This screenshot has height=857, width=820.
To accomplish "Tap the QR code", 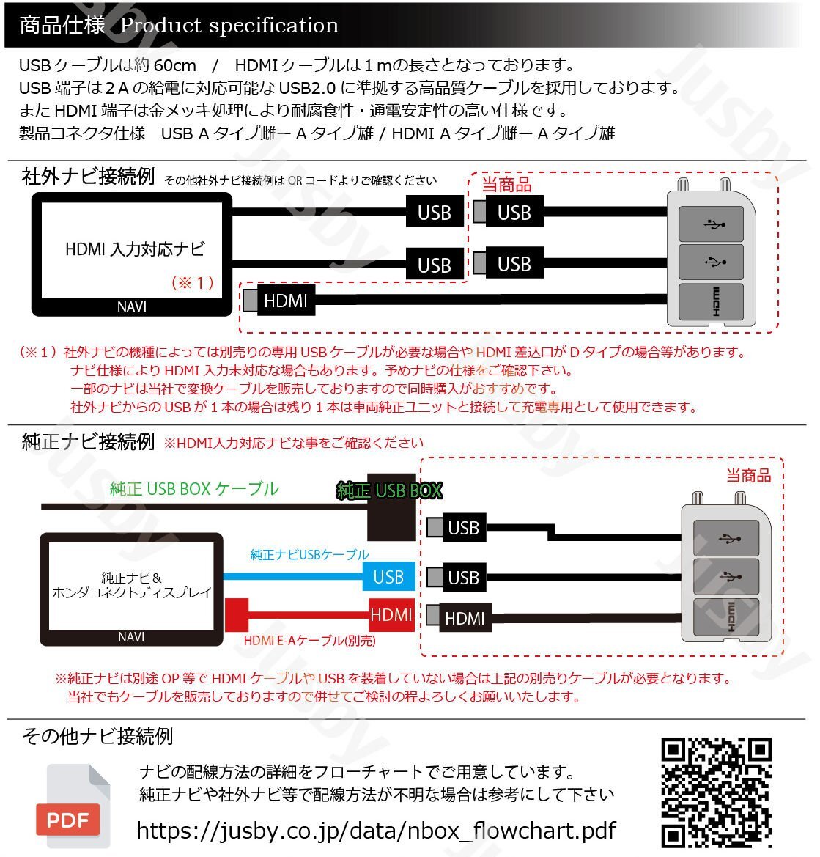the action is [x=717, y=792].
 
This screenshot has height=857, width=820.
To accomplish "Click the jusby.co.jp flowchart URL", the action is [x=376, y=830].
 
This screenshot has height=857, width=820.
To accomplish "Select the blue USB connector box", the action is [x=388, y=577].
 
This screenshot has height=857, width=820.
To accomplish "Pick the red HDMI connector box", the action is [x=391, y=614].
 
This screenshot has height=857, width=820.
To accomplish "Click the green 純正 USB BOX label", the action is [x=389, y=490].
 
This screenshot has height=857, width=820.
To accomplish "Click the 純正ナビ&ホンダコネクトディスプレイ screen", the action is [x=131, y=586].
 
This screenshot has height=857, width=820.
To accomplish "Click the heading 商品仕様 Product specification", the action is [x=179, y=26].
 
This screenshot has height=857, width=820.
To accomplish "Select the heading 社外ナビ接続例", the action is [x=88, y=177].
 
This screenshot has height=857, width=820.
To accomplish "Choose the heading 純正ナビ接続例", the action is [x=88, y=441].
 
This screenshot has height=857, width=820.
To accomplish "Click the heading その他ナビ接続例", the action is [x=97, y=736].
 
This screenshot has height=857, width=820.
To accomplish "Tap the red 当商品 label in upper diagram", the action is [x=506, y=185].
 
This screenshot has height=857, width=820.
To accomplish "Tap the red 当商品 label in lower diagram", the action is [x=748, y=476].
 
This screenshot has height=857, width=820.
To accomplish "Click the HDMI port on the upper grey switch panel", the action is [x=711, y=301].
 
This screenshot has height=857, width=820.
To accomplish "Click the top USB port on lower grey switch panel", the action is [x=725, y=538].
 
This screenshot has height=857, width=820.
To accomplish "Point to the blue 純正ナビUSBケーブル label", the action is [x=309, y=555].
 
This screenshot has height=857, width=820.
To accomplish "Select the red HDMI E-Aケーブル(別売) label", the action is [x=309, y=641].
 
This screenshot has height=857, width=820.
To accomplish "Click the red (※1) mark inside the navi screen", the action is [x=192, y=283].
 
